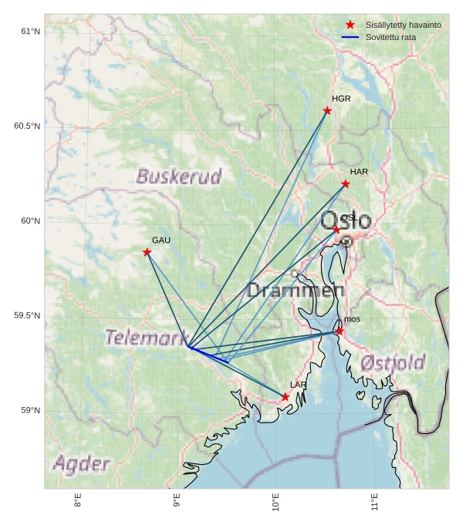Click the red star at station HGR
pos(327,111)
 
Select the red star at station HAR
pos(345,183)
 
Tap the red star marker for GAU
pos(147,252)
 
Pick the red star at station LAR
pos(285,397)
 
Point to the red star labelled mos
pos(340,331)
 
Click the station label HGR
pos(341,99)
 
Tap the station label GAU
pos(161,241)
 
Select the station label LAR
pos(299,384)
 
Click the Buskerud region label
pos(179,177)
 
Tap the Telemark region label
pos(147,338)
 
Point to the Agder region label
pos(81,464)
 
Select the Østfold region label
pos(393,362)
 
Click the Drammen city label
pos(296,291)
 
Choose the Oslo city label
pos(346,220)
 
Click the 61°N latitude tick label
pos(30,32)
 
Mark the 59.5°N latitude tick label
pos(27,316)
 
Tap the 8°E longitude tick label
pos(78,500)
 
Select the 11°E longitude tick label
pos(374,502)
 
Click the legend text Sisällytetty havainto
pos(403,25)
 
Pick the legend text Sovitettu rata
pos(390,37)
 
